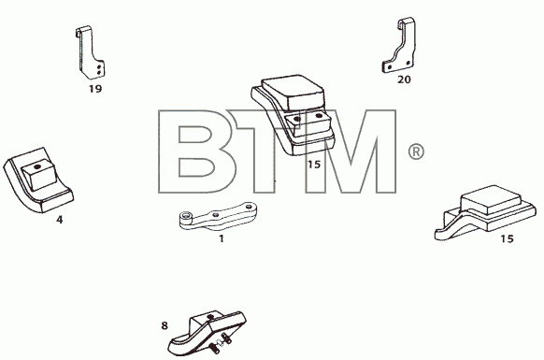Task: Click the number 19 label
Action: click(x=95, y=89)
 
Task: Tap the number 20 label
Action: click(x=404, y=79)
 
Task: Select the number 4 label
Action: click(x=60, y=220)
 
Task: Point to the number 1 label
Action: click(x=222, y=238)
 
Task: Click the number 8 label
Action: click(x=165, y=325)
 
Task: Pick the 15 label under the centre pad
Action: click(x=314, y=165)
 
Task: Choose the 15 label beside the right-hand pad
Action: click(x=507, y=238)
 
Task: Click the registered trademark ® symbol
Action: click(x=416, y=152)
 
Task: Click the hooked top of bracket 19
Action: click(x=80, y=31)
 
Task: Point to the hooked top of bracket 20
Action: click(x=404, y=23)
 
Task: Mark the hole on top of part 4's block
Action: click(x=37, y=167)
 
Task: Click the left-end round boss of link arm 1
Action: click(x=186, y=217)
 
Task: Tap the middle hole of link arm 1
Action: click(x=216, y=215)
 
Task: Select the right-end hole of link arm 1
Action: click(x=249, y=207)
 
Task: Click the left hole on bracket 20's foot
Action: click(x=390, y=66)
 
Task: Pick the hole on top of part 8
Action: click(x=209, y=317)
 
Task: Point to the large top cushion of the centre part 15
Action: click(x=293, y=92)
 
